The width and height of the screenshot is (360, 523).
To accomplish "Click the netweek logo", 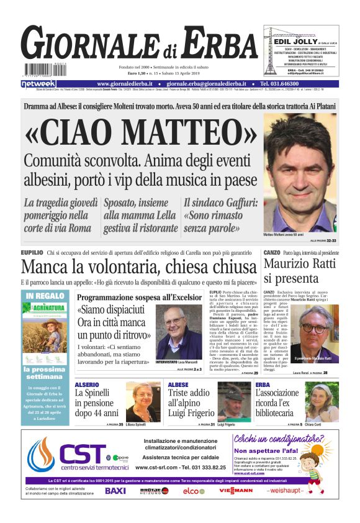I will pyautogui.click(x=38, y=84).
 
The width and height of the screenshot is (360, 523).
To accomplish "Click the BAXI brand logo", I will pyautogui.click(x=115, y=491).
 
